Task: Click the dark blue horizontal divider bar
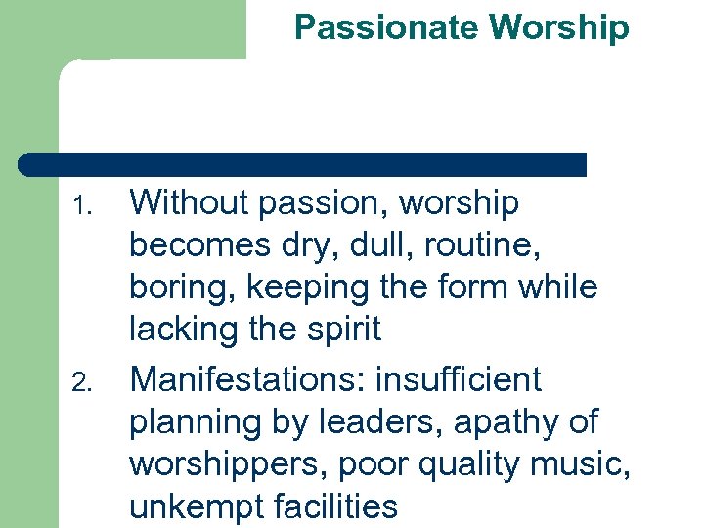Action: [x=303, y=164]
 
